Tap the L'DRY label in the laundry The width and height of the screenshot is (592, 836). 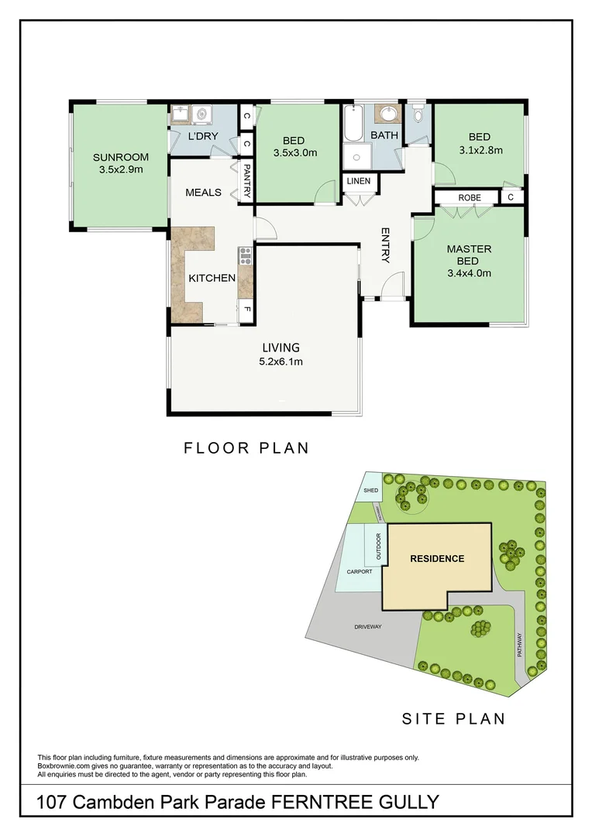203,137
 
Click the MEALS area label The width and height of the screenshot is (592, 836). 203,193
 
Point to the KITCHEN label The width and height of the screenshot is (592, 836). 212,278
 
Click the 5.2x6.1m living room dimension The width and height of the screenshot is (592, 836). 280,361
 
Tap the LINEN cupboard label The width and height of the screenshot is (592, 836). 359,182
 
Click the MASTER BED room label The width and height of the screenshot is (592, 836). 469,255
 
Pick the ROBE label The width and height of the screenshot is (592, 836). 469,198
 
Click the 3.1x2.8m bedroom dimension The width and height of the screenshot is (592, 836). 480,151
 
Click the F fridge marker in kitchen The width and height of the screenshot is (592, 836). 246,310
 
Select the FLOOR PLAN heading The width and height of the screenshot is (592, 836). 246,447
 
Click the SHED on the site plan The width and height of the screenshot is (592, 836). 370,489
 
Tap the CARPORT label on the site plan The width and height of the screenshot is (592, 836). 360,572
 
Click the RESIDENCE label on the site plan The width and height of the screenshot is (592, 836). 437,559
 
